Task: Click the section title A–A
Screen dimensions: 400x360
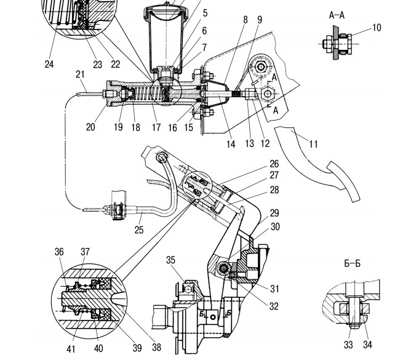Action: coord(337,15)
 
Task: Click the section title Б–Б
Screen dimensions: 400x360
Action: coord(352,263)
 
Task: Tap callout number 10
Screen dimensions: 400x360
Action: coord(377,28)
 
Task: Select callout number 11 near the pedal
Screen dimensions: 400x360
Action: coord(313,144)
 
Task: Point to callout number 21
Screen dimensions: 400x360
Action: coord(80,74)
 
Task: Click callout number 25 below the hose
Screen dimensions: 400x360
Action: coord(139,230)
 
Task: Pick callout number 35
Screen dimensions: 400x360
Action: coord(170,260)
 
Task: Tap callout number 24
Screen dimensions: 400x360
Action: coord(49,64)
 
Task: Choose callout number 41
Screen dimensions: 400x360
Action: coord(71,349)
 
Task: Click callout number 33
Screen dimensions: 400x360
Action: coord(348,345)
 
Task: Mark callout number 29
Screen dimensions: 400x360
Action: coord(274,213)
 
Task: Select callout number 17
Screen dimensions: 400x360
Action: coord(156,127)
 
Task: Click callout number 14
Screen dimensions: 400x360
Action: coord(231,144)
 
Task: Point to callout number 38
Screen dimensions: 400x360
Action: coord(157,347)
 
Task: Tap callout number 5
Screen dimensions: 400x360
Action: coord(206,14)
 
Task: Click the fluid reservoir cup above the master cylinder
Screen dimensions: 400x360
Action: coord(166,38)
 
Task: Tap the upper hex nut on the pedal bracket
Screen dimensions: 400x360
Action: coord(261,67)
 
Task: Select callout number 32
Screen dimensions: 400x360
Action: coord(274,306)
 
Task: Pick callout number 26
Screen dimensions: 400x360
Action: coord(274,164)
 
